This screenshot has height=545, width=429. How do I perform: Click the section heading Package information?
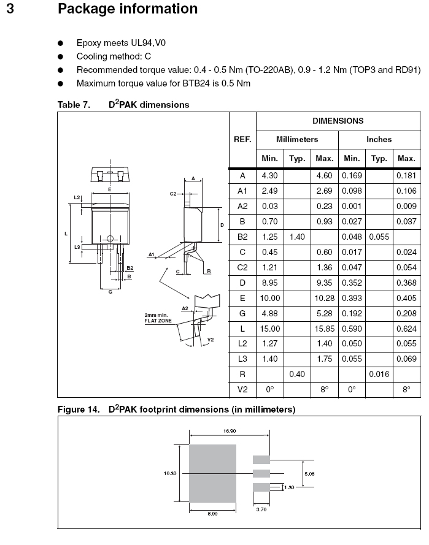(x=127, y=9)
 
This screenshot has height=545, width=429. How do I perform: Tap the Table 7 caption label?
(x=74, y=105)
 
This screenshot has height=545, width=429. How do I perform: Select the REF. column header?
(x=242, y=139)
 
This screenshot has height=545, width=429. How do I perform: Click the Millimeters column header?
(x=297, y=139)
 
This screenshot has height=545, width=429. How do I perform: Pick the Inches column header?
(x=379, y=139)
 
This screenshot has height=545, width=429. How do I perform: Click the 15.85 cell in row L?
(x=324, y=329)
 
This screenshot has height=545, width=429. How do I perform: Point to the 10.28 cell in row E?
(x=324, y=298)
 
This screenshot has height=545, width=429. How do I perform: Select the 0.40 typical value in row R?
(x=297, y=374)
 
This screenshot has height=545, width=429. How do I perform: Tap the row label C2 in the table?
(x=242, y=267)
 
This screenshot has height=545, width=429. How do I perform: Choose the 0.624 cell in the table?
(x=406, y=329)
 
